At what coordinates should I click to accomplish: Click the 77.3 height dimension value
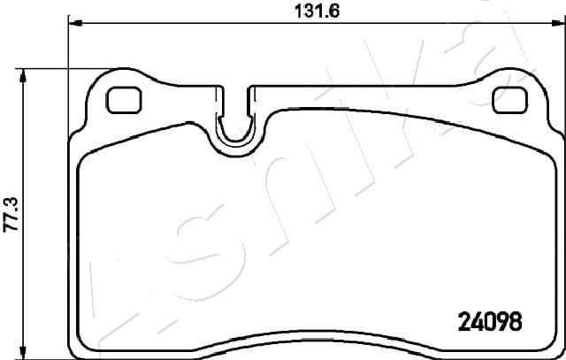pyautogui.click(x=11, y=214)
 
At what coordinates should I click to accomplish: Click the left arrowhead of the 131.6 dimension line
pyautogui.click(x=74, y=24)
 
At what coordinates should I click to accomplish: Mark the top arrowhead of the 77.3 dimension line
pyautogui.click(x=25, y=75)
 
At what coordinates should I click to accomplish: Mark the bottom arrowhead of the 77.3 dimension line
pyautogui.click(x=25, y=352)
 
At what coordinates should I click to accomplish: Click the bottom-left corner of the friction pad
pyautogui.click(x=84, y=341)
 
